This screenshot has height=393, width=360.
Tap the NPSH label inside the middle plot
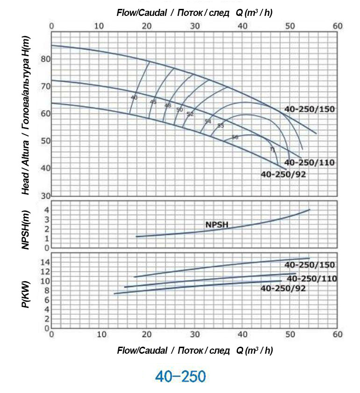tap(216, 225)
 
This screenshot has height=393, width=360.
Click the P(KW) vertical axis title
tap(26, 292)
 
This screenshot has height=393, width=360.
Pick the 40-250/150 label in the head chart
tap(310, 109)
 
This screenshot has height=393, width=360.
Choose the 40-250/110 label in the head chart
tap(310, 163)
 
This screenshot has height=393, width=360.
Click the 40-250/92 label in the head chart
tap(283, 174)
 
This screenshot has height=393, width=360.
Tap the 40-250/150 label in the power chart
tap(310, 265)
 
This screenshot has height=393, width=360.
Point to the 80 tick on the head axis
tap(45, 59)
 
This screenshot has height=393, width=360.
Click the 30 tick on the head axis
tap(45, 196)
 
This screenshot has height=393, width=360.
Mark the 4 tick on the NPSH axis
tap(46, 210)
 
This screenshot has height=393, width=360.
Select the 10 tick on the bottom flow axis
tap(99, 335)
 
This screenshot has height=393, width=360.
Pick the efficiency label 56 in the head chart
tap(235, 138)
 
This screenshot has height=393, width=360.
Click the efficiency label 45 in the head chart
tap(153, 102)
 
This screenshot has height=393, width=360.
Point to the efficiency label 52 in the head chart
tap(190, 114)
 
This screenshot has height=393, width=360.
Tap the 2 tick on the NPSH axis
tap(46, 229)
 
